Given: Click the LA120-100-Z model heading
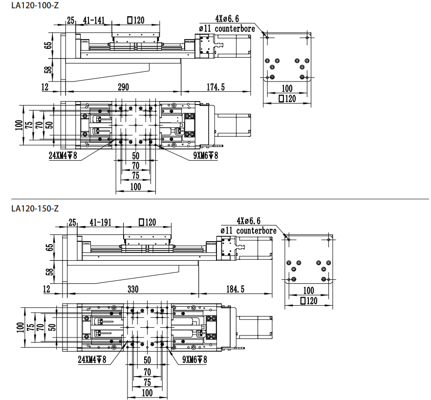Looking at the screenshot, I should [x=35, y=7].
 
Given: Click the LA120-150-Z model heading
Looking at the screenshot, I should [x=35, y=209].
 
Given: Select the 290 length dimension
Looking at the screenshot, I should [x=123, y=87].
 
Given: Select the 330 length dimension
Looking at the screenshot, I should [x=132, y=289].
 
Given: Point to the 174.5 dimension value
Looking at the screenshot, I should [x=215, y=87].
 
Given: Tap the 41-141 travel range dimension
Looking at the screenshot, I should [x=94, y=20].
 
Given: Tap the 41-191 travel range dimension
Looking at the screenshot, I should [x=101, y=222].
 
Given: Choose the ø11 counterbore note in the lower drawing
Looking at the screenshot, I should [x=248, y=231].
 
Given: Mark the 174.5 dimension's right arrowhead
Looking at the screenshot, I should [x=249, y=91].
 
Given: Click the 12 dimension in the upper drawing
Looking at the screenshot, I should [x=45, y=87].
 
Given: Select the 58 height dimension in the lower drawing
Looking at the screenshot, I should [x=48, y=272].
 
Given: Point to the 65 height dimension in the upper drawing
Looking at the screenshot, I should [x=48, y=45].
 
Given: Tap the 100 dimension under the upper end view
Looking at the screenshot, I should [x=287, y=88].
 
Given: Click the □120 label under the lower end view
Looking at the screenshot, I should [x=308, y=300].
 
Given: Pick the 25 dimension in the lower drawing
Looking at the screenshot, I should [x=72, y=222].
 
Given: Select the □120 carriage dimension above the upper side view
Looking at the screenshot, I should [x=136, y=20].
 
